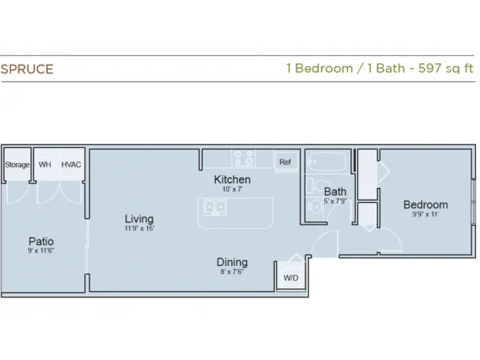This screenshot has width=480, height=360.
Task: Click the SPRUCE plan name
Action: [27, 69]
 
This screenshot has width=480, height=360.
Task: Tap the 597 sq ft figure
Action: [446, 68]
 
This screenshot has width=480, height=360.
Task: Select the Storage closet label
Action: [17, 165]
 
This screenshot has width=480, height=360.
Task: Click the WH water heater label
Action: [45, 165]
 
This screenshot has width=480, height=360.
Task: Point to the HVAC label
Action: [71, 165]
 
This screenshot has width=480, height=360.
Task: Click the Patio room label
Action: [41, 241]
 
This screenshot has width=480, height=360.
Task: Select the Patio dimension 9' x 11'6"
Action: [41, 251]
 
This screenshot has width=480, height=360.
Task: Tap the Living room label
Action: [139, 219]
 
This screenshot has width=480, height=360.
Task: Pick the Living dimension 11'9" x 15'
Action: [139, 228]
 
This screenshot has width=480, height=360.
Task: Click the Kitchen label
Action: [232, 180]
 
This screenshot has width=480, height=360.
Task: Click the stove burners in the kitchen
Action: [243, 158]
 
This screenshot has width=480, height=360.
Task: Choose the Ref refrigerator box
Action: [286, 161]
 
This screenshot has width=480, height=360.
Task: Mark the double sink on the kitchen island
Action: [215, 207]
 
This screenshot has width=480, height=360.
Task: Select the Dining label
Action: [232, 263]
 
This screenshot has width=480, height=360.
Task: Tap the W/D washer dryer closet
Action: [291, 277]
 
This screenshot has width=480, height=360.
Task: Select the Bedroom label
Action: [426, 205]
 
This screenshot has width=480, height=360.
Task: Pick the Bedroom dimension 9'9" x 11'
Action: [426, 214]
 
